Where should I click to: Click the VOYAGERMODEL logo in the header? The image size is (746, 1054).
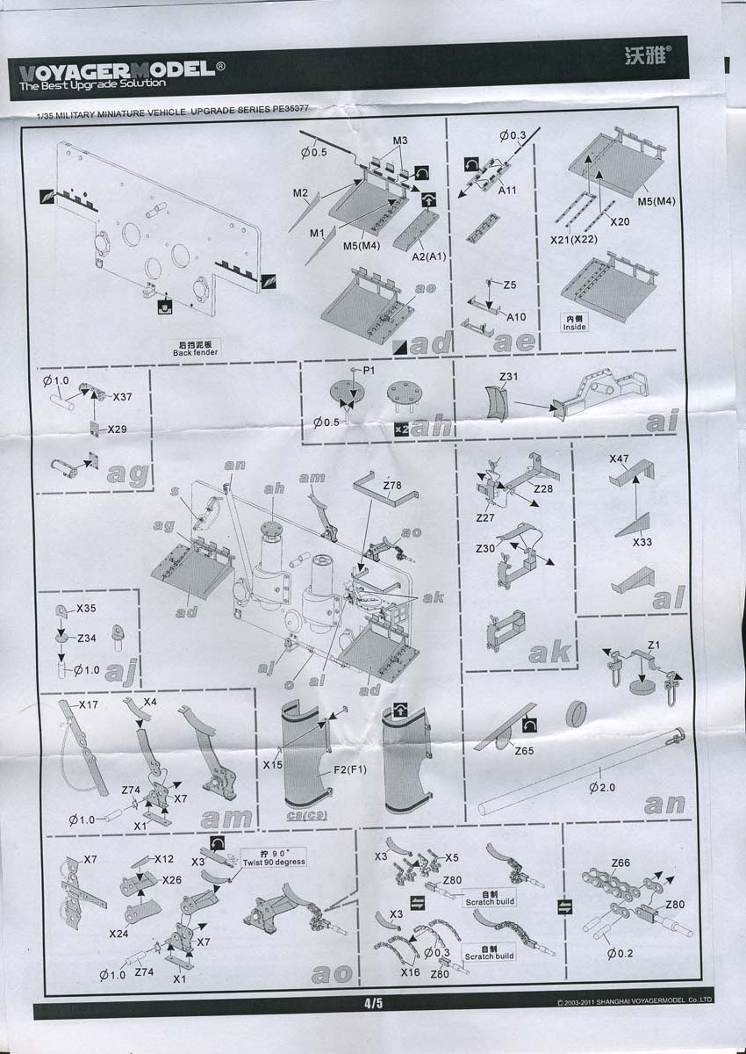[x=111, y=70]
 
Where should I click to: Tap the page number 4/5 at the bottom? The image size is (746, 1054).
[x=373, y=1002]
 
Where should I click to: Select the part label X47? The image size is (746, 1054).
[x=620, y=458]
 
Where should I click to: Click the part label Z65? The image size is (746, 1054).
[x=524, y=751]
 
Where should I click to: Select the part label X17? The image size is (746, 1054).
[x=89, y=704]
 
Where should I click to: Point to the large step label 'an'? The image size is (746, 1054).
[x=664, y=803]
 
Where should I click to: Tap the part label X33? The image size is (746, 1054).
[x=642, y=542]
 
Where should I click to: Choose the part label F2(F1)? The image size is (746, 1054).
[x=349, y=771]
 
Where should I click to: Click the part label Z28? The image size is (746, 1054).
[x=543, y=488]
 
